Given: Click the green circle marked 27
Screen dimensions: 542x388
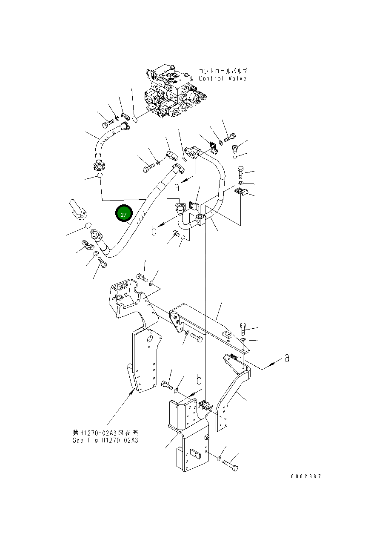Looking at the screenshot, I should tap(123, 214).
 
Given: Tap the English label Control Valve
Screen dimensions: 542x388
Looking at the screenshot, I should tap(223, 79).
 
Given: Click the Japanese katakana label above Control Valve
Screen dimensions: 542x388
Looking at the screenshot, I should tap(223, 71).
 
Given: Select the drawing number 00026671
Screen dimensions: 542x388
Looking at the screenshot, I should tap(308, 476).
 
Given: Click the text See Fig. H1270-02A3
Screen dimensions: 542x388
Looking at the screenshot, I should tap(105, 440).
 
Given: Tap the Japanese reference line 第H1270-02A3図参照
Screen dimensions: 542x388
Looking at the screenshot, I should tap(105, 433).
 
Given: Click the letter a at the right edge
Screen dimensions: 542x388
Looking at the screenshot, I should tap(287, 358).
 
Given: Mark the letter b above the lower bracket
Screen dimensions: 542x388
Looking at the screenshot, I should tap(198, 380).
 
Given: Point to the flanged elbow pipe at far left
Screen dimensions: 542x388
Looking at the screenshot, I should tap(77, 209).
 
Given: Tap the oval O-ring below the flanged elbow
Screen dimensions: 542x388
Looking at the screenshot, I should tap(88, 225).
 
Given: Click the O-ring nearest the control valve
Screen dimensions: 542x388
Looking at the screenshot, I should tap(135, 119).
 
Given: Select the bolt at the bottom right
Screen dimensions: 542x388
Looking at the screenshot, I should tap(230, 465).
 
